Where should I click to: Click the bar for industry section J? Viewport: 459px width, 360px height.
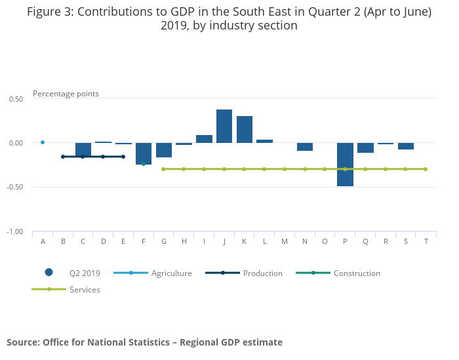click(224, 126)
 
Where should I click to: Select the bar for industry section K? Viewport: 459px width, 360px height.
click(245, 129)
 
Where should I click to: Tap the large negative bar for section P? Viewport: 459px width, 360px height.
click(345, 164)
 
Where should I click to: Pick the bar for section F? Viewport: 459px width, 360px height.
click(144, 153)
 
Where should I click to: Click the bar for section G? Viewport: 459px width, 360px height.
click(164, 150)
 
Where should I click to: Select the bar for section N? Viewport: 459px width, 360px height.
click(305, 147)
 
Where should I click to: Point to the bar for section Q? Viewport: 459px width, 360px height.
click(365, 148)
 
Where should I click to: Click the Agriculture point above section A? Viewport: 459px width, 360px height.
click(43, 142)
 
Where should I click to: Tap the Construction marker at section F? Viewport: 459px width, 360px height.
click(144, 164)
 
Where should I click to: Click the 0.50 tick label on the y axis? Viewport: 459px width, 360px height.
click(16, 99)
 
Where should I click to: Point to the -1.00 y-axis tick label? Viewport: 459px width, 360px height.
click(14, 232)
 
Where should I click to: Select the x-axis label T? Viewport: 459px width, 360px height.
click(426, 242)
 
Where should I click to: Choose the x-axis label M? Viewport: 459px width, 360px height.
click(285, 242)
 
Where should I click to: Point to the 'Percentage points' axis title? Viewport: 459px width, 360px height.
click(66, 94)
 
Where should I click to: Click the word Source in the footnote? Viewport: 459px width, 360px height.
click(22, 342)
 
